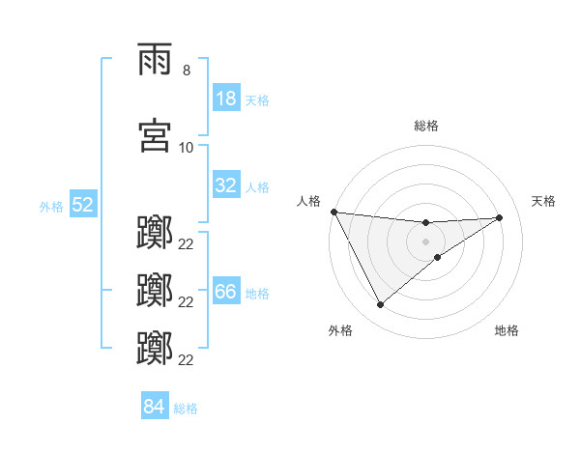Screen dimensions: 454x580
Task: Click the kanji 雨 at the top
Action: pos(156,61)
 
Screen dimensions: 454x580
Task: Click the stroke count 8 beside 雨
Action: pos(186,71)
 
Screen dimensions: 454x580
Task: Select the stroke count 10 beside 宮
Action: pos(187,148)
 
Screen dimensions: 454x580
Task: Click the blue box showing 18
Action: pos(226,99)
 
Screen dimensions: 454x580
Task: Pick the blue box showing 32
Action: pos(226,185)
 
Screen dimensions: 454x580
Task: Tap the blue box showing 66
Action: pos(226,293)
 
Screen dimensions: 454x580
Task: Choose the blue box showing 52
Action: pos(82,205)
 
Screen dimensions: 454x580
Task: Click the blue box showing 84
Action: pos(154,407)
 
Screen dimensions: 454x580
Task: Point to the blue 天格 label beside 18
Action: pos(257,99)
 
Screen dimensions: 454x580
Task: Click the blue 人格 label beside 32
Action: pos(257,186)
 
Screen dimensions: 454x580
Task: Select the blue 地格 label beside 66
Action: pos(257,294)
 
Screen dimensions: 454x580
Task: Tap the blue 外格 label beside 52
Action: pos(51,206)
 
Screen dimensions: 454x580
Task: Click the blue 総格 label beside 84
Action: pos(186,408)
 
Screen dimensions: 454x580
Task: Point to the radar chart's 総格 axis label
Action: pos(426,126)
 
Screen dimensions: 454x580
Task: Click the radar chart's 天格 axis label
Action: pos(544,201)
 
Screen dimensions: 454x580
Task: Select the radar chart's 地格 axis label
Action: pos(507,331)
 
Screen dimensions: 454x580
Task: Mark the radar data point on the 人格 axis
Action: pos(333,212)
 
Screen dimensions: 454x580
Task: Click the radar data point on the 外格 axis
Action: pos(380,305)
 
